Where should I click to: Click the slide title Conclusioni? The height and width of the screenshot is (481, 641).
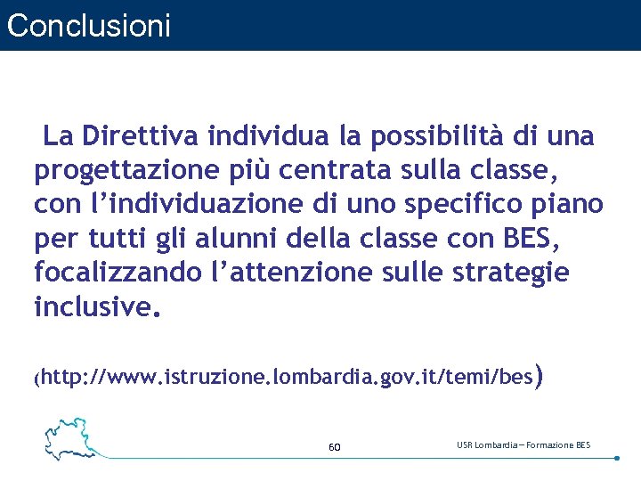[x=87, y=25]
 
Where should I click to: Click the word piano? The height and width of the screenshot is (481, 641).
[x=573, y=204]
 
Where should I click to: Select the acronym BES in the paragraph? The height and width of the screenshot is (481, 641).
[x=532, y=238]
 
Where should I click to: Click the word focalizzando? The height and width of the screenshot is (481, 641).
[x=118, y=272]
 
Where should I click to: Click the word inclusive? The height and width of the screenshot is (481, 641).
[x=93, y=306]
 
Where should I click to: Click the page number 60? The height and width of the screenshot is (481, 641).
[x=335, y=446]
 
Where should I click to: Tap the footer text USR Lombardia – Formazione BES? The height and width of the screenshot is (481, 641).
[x=523, y=444]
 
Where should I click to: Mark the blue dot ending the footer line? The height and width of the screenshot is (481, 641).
[x=617, y=458]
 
